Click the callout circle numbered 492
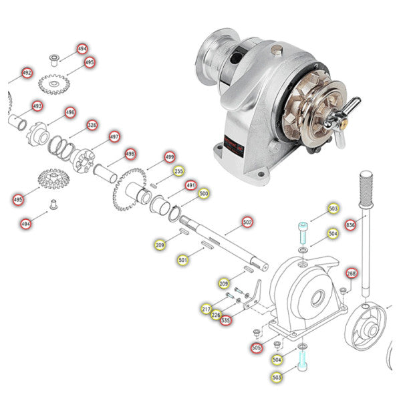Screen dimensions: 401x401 click(27, 73)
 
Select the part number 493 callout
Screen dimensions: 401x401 click(37, 106)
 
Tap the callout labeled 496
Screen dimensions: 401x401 click(70, 112)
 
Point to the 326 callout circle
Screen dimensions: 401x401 click(92, 126)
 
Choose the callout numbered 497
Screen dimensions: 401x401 click(114, 136)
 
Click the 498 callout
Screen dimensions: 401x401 click(130, 154)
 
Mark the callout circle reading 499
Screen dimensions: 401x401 click(170, 157)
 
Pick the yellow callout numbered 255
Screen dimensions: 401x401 click(178, 171)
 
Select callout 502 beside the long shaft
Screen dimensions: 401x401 click(247, 221)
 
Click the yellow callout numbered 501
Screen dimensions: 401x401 click(182, 259)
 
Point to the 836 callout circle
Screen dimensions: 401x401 click(351, 225)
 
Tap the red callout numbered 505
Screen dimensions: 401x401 click(256, 348)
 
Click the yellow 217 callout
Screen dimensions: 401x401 click(207, 309)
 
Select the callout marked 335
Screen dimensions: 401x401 click(225, 320)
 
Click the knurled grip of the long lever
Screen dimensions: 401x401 click(366, 189)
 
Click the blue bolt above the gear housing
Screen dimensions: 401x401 click(302, 231)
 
